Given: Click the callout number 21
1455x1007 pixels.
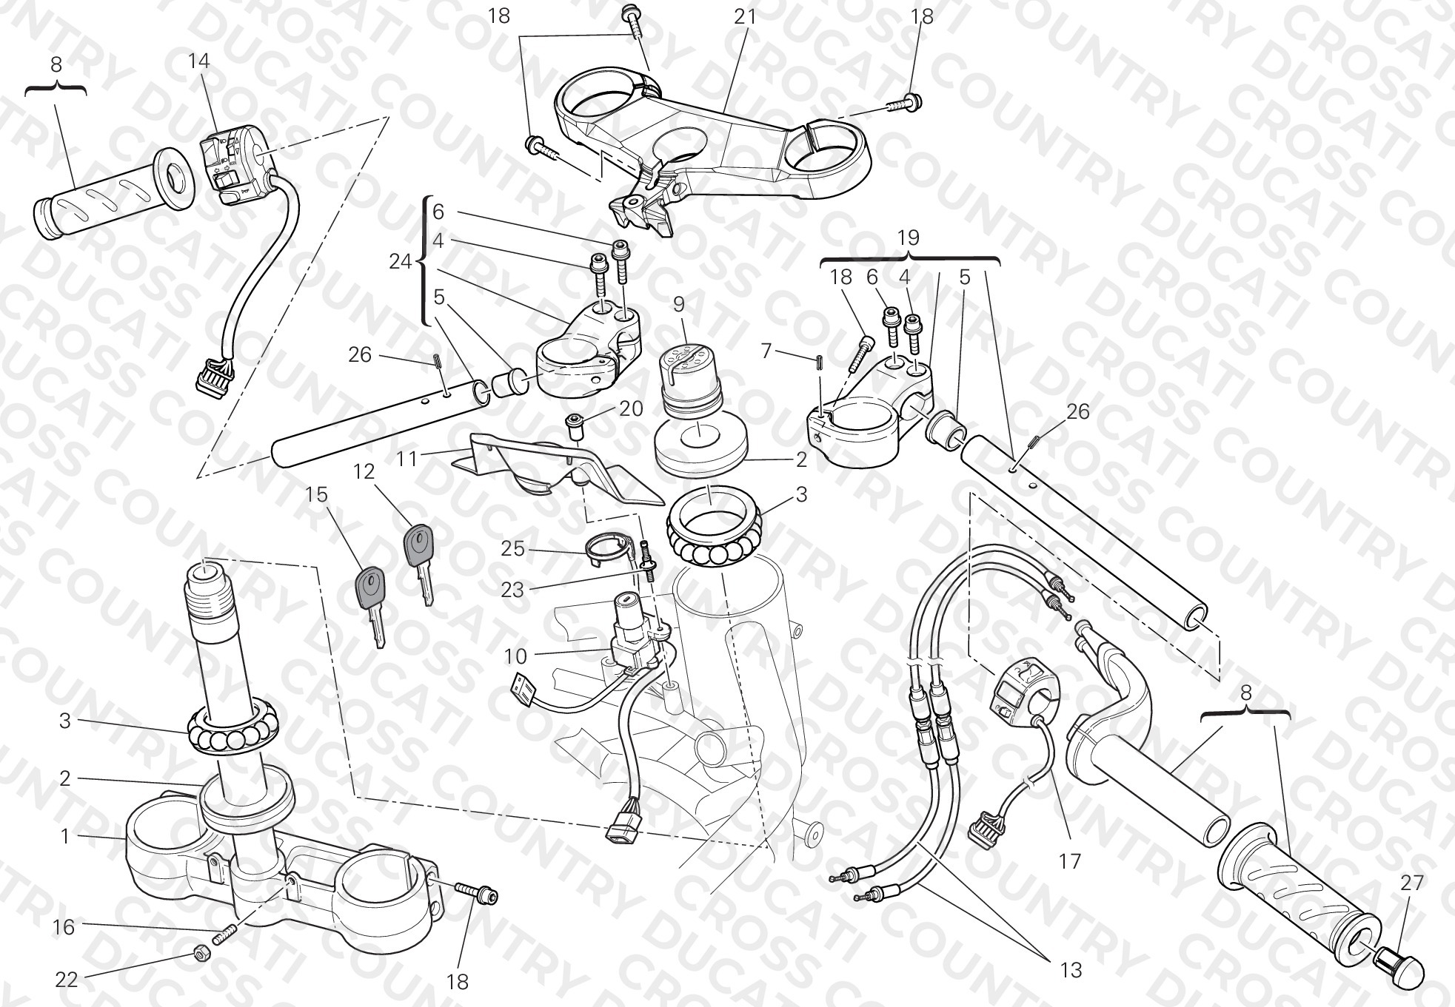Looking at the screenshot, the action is pos(745,16).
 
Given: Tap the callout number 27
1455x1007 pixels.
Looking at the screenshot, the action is pos(1412,882).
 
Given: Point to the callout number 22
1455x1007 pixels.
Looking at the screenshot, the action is pos(66,980).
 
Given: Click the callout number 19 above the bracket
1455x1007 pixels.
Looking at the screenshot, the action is pos(908,238).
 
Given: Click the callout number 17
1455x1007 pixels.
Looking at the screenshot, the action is pos(1070,861).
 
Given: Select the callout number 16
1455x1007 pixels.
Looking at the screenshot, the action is pos(64,927).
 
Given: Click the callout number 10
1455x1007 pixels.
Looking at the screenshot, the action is pos(515,656).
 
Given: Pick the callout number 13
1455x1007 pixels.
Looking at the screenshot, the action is pos(1070,969).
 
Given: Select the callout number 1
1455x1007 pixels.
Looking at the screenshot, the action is pos(64,836).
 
